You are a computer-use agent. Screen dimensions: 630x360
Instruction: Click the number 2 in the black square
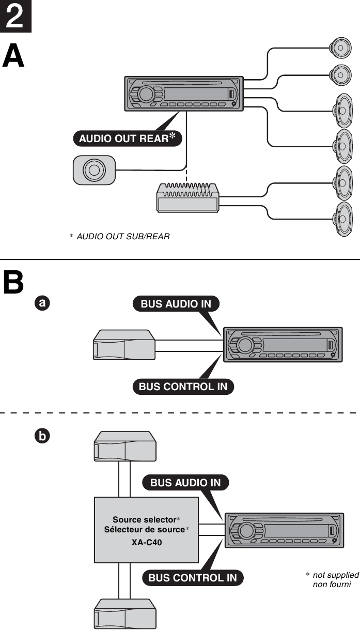coord(15,16)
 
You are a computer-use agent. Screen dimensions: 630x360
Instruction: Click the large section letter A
coord(13,57)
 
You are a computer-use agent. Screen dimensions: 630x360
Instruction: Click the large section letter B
coord(13,282)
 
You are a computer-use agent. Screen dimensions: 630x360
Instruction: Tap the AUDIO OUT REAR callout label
coord(127,139)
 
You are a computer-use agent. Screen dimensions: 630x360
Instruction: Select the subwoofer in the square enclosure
coord(93,170)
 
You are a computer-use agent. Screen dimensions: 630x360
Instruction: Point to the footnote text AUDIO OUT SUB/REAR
coord(123,236)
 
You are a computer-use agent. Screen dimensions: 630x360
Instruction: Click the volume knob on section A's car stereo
coord(146,94)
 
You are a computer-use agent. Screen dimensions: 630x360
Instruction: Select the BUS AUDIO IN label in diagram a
coord(176,304)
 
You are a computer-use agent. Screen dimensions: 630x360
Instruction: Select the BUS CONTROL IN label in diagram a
coord(183,387)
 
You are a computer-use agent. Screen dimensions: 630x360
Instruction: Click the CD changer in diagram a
coord(123,346)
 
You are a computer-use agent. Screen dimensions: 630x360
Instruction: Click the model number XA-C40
coord(147,542)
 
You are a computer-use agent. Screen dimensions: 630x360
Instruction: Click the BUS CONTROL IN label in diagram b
coord(192,578)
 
